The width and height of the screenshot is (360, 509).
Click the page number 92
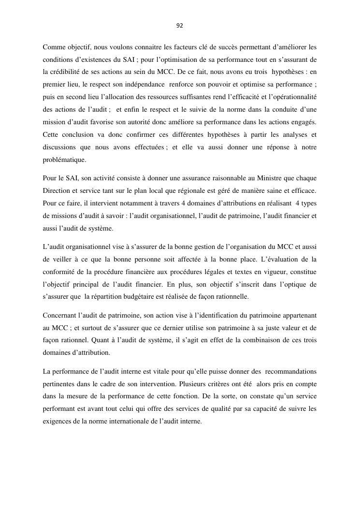click(180, 26)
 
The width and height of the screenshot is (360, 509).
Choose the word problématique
click(64, 159)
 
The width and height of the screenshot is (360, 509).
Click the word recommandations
click(289, 371)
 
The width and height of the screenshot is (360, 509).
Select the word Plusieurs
click(193, 384)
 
